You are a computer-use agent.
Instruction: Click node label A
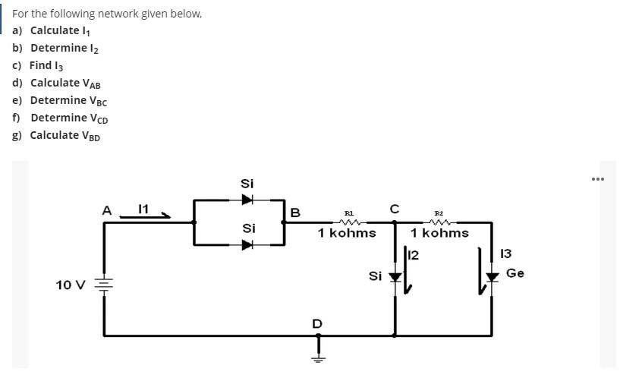pos(107,210)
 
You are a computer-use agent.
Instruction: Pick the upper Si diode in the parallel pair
pos(247,200)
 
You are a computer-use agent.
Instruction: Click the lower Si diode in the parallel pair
pos(247,244)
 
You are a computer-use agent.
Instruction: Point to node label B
pos(295,212)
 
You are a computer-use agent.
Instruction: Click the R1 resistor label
pos(348,215)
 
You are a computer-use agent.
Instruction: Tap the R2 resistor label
pos(439,215)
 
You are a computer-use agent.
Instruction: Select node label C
pos(394,208)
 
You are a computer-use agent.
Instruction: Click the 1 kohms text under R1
pos(347,232)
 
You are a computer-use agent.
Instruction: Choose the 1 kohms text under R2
pos(440,232)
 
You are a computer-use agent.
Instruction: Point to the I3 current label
pos(507,253)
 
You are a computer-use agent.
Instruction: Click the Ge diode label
pos(515,272)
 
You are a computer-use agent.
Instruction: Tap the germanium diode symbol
pos(492,278)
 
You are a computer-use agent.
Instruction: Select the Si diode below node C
pos(394,278)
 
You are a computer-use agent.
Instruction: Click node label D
pos(317,324)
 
